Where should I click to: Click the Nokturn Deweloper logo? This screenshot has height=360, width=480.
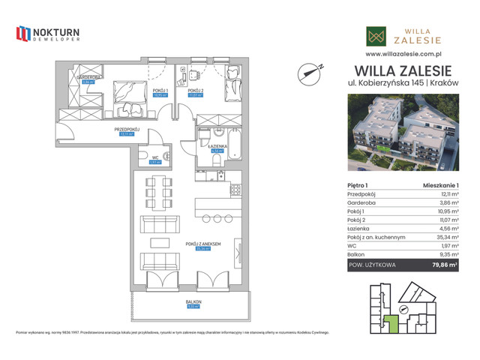(47, 34)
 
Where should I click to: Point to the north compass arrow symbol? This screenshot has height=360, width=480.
(310, 71)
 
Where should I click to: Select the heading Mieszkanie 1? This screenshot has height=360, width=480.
(441, 184)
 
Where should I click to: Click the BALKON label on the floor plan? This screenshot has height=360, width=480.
(195, 302)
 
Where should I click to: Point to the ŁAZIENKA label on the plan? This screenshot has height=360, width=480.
(217, 146)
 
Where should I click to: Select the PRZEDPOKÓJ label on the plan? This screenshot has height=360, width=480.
(128, 129)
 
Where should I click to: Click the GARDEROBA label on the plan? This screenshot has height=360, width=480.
(88, 77)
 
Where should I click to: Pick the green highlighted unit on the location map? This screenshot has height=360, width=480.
(391, 324)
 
